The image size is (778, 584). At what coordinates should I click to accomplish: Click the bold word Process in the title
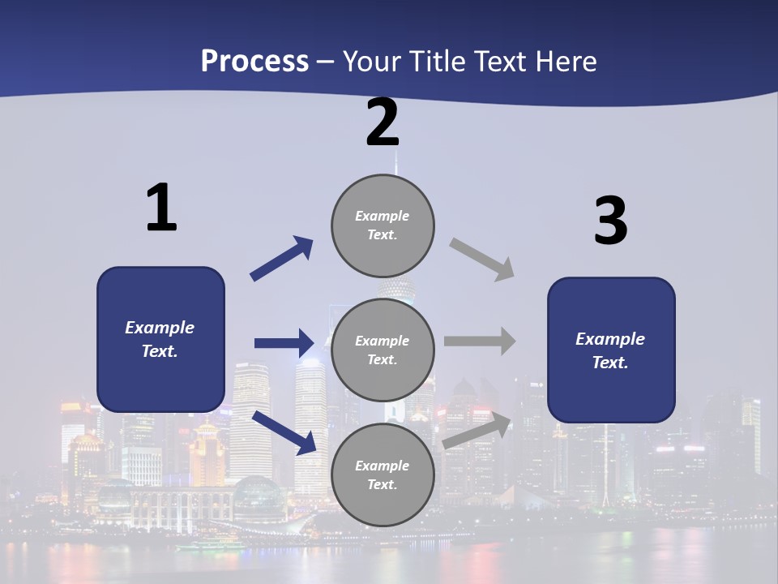pos(254,62)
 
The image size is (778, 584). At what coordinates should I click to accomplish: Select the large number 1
pos(161,208)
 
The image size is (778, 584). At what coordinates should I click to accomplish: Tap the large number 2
pos(383,123)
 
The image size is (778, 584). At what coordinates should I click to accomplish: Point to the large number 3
pos(611,222)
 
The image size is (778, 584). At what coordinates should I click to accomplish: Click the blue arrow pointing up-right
pos(281,259)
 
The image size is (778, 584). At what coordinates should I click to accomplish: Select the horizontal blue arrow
pos(284,343)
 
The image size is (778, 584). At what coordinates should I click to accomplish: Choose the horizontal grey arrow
pos(480,341)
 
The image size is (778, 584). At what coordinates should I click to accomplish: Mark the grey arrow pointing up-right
pos(477,431)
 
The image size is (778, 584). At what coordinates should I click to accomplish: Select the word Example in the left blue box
pos(160,328)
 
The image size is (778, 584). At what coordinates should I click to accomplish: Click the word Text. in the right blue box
pos(610,363)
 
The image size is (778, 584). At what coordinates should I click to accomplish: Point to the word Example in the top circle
pos(382,216)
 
